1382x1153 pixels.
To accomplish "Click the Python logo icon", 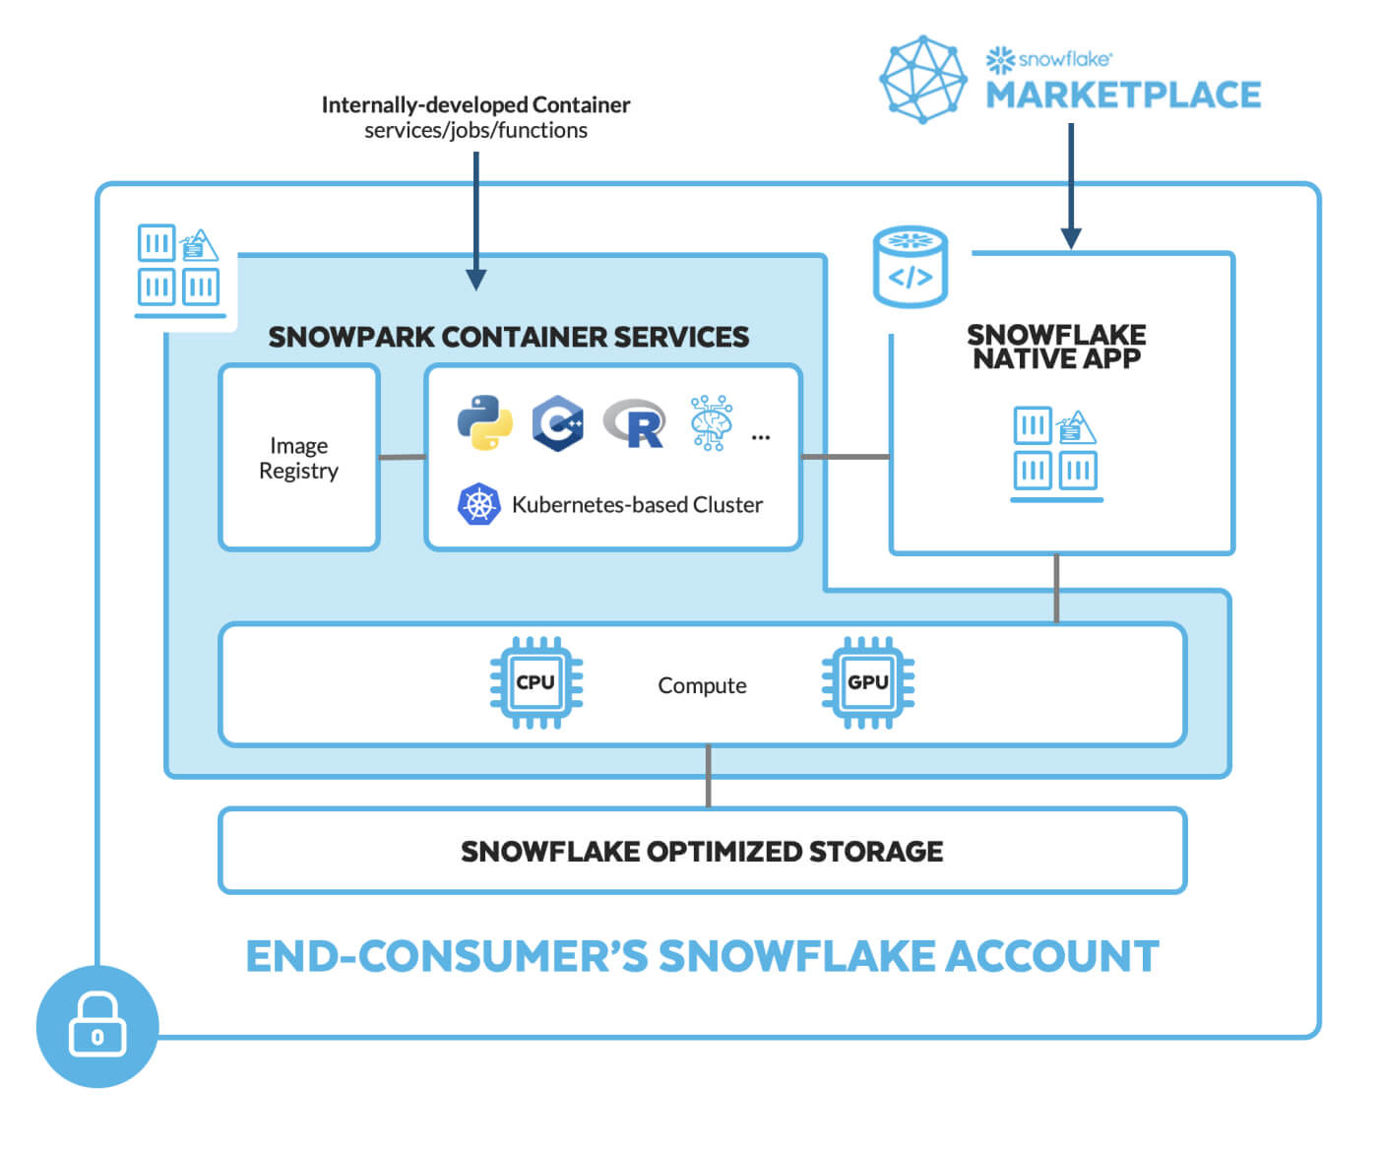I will point(484,422).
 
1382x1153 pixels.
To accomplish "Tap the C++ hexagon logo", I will point(557,423).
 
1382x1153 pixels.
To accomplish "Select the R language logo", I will point(635,423).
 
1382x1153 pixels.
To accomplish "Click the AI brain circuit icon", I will point(711,422).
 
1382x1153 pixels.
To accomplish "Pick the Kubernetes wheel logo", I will point(478,504).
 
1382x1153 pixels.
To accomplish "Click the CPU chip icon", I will point(536,682).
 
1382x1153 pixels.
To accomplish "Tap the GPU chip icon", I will point(867,682).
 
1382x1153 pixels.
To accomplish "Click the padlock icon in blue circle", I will point(96,1026).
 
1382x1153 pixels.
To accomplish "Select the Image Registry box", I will point(299,458).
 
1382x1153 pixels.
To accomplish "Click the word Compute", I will point(702,685).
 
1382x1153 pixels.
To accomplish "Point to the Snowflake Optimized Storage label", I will point(702,851).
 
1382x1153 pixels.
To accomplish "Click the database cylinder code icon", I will point(911,268).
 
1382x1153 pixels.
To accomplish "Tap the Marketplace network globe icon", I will point(922,79).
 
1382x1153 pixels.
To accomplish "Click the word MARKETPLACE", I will point(1123,96).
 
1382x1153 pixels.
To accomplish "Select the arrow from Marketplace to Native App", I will point(1071,187).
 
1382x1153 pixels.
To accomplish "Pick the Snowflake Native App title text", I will point(1056,347).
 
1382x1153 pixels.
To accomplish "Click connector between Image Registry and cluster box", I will point(402,457).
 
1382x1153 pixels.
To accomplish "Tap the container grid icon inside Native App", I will point(1055,451).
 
